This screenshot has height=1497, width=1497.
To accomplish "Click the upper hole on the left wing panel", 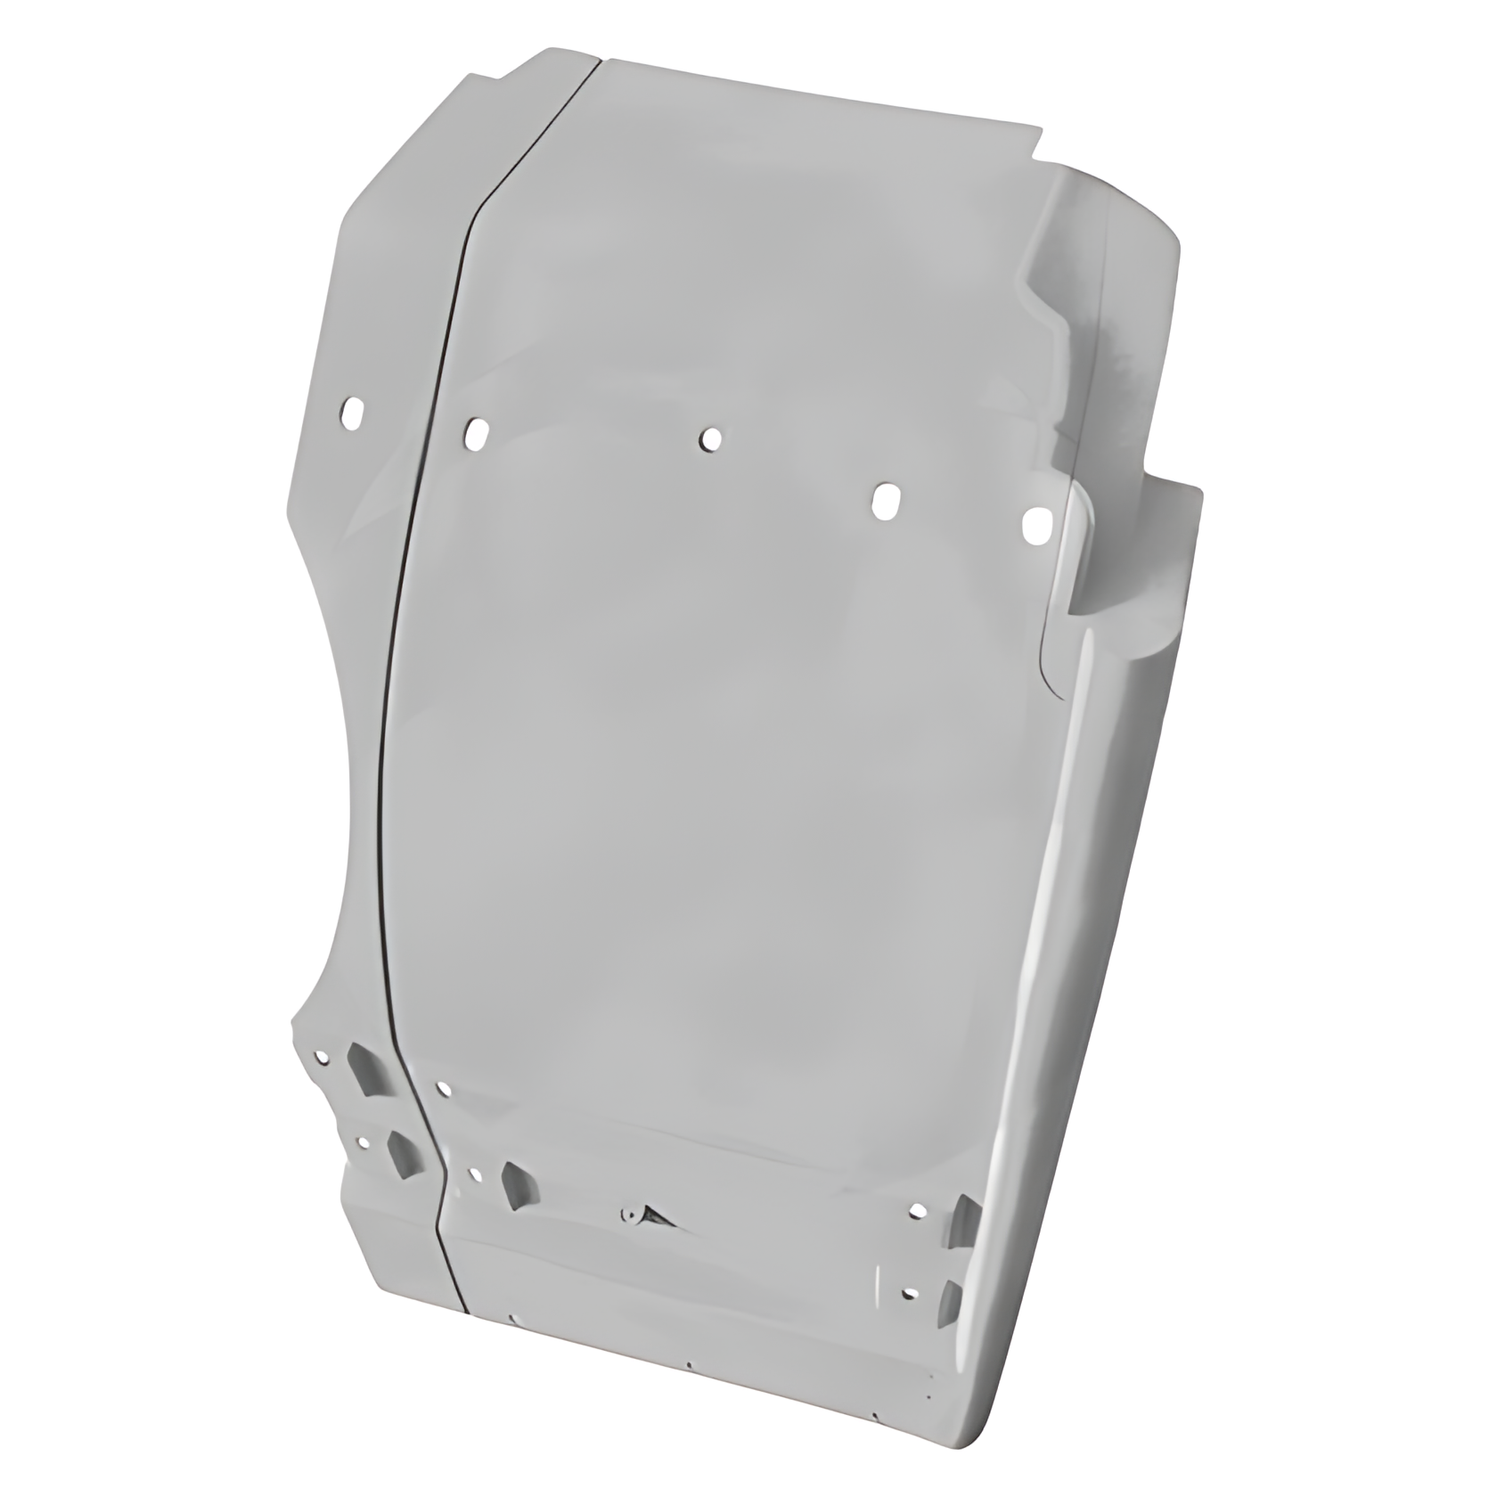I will [354, 413].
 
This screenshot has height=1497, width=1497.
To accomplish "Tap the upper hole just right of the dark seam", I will [476, 433].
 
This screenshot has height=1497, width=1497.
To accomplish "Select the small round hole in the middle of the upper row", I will [710, 438].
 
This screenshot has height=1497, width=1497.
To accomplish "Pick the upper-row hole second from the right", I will [884, 501].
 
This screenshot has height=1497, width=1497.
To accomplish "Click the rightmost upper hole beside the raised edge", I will [1035, 527].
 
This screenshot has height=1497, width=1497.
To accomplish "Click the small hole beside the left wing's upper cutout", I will [322, 1057].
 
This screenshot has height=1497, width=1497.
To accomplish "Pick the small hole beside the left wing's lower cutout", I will [362, 1141].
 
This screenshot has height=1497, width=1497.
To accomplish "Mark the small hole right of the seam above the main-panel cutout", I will [442, 1088].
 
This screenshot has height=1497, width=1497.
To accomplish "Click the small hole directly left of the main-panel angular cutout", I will [474, 1174].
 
